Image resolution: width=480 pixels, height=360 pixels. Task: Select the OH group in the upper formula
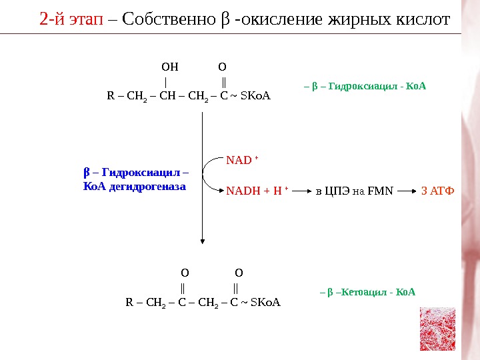click(x=170, y=67)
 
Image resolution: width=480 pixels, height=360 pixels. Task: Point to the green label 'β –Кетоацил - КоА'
click(x=367, y=292)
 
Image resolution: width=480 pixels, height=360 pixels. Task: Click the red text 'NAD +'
click(x=242, y=160)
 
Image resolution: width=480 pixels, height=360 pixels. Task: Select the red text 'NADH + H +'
click(x=257, y=192)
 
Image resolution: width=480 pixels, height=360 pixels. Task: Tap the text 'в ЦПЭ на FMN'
click(x=354, y=192)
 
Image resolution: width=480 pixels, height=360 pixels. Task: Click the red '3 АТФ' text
click(x=438, y=192)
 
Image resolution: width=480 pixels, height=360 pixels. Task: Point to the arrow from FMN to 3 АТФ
click(x=409, y=192)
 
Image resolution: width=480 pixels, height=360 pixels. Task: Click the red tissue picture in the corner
click(x=437, y=329)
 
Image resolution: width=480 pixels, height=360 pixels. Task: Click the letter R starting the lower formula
click(x=129, y=303)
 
